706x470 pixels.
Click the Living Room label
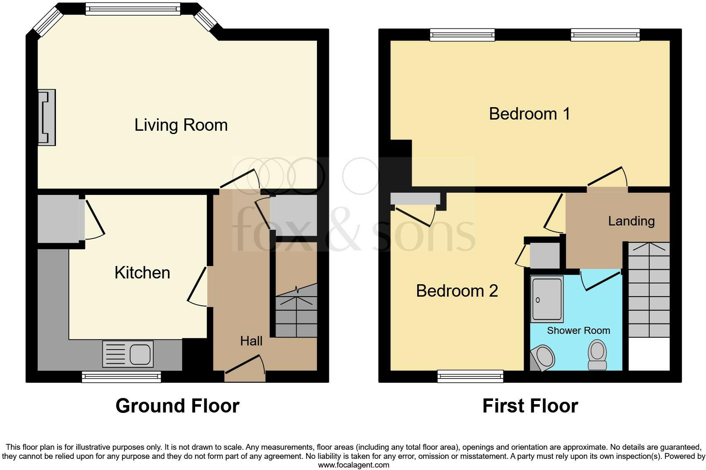[x=181, y=125]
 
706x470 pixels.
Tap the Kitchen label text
[x=142, y=273]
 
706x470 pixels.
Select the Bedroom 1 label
[x=529, y=114]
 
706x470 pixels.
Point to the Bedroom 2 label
[x=457, y=291]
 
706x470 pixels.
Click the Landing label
[x=631, y=221]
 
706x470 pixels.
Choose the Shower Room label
[x=578, y=331]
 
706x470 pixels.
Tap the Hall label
[x=251, y=341]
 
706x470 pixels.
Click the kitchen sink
[x=128, y=354]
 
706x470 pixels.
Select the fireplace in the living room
[x=47, y=117]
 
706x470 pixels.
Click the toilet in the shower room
[x=597, y=355]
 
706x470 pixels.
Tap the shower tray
[x=547, y=299]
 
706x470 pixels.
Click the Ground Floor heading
[x=177, y=406]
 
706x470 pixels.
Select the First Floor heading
[x=530, y=406]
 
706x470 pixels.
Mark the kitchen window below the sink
[x=121, y=376]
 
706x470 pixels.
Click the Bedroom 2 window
[x=470, y=376]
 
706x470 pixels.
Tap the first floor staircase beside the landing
[x=649, y=290]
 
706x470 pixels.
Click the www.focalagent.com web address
[x=353, y=465]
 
